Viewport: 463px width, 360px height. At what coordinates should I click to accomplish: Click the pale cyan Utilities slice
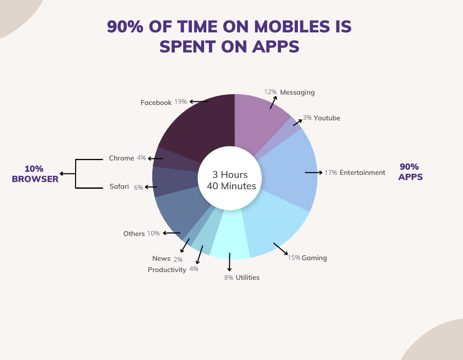click(x=230, y=236)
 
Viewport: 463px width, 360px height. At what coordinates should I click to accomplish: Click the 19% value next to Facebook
click(x=181, y=102)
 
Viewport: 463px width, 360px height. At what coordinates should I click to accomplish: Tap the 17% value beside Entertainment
click(x=331, y=173)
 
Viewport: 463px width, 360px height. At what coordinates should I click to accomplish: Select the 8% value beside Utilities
click(x=228, y=278)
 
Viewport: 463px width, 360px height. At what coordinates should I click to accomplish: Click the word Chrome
click(x=121, y=158)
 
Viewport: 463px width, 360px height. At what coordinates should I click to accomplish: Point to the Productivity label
click(x=167, y=270)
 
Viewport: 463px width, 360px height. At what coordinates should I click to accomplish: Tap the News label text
click(x=161, y=259)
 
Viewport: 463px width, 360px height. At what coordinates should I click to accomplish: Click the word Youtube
click(x=327, y=118)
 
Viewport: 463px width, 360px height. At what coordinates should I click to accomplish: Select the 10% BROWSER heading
click(x=35, y=174)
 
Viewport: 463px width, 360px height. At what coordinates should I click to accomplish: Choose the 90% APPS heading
click(x=410, y=172)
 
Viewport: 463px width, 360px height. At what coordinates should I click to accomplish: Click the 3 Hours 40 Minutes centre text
click(x=231, y=181)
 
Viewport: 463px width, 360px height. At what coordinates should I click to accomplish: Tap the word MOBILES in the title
click(x=292, y=27)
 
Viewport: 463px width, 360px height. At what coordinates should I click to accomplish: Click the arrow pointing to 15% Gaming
click(x=280, y=249)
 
